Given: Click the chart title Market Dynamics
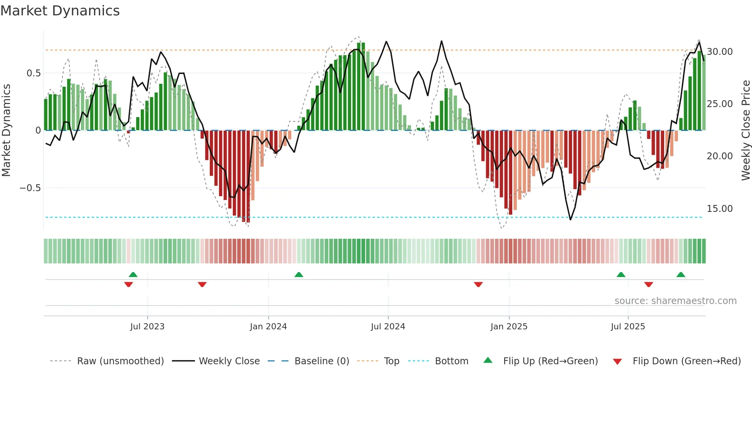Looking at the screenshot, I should (60, 11).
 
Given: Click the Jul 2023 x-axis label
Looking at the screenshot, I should (147, 327).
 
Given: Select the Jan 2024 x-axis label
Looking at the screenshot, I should (268, 327).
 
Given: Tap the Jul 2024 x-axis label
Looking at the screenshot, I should (388, 327).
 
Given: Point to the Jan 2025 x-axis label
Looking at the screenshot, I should (509, 327).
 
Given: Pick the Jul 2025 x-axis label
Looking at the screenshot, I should (628, 327).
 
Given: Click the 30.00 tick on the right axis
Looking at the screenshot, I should (720, 52).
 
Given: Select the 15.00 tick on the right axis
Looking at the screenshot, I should (720, 209).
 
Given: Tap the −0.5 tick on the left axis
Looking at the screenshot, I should (30, 188).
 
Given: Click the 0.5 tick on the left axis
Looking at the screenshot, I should (33, 73).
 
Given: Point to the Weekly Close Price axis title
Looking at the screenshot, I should (745, 131).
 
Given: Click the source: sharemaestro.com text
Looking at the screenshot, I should (675, 301).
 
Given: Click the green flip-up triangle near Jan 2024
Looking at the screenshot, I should (299, 274).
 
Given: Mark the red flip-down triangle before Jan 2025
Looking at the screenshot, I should (478, 284).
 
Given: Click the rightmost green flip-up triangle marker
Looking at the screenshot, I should (681, 274).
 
